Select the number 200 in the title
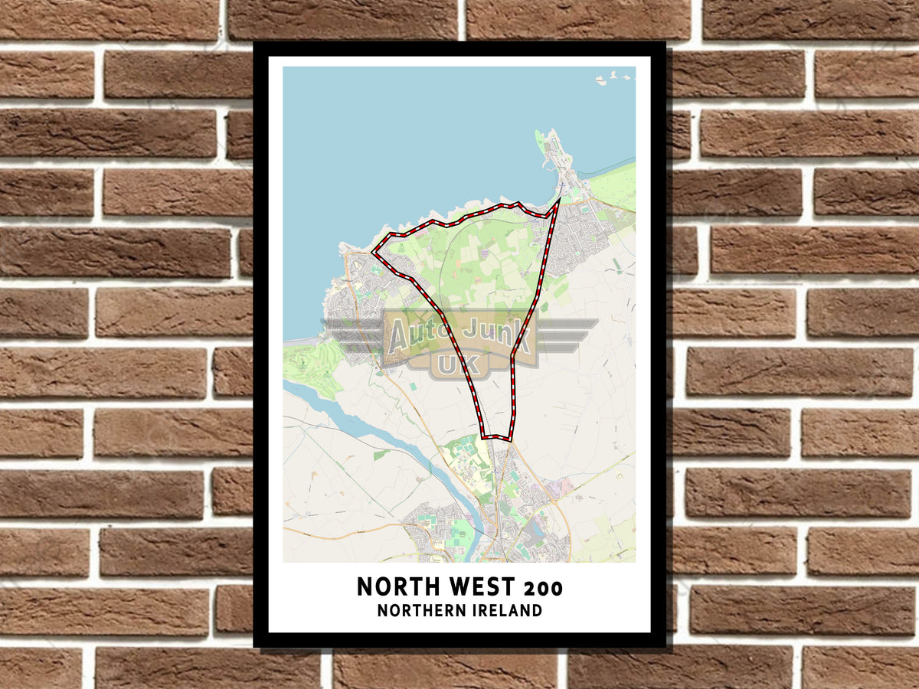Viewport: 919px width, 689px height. pyautogui.click(x=544, y=588)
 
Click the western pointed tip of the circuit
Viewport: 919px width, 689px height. pyautogui.click(x=373, y=251)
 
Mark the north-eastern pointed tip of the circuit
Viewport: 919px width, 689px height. pyautogui.click(x=560, y=198)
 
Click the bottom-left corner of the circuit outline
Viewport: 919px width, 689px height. pyautogui.click(x=483, y=437)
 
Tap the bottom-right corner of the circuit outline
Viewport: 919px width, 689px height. pyautogui.click(x=509, y=439)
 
